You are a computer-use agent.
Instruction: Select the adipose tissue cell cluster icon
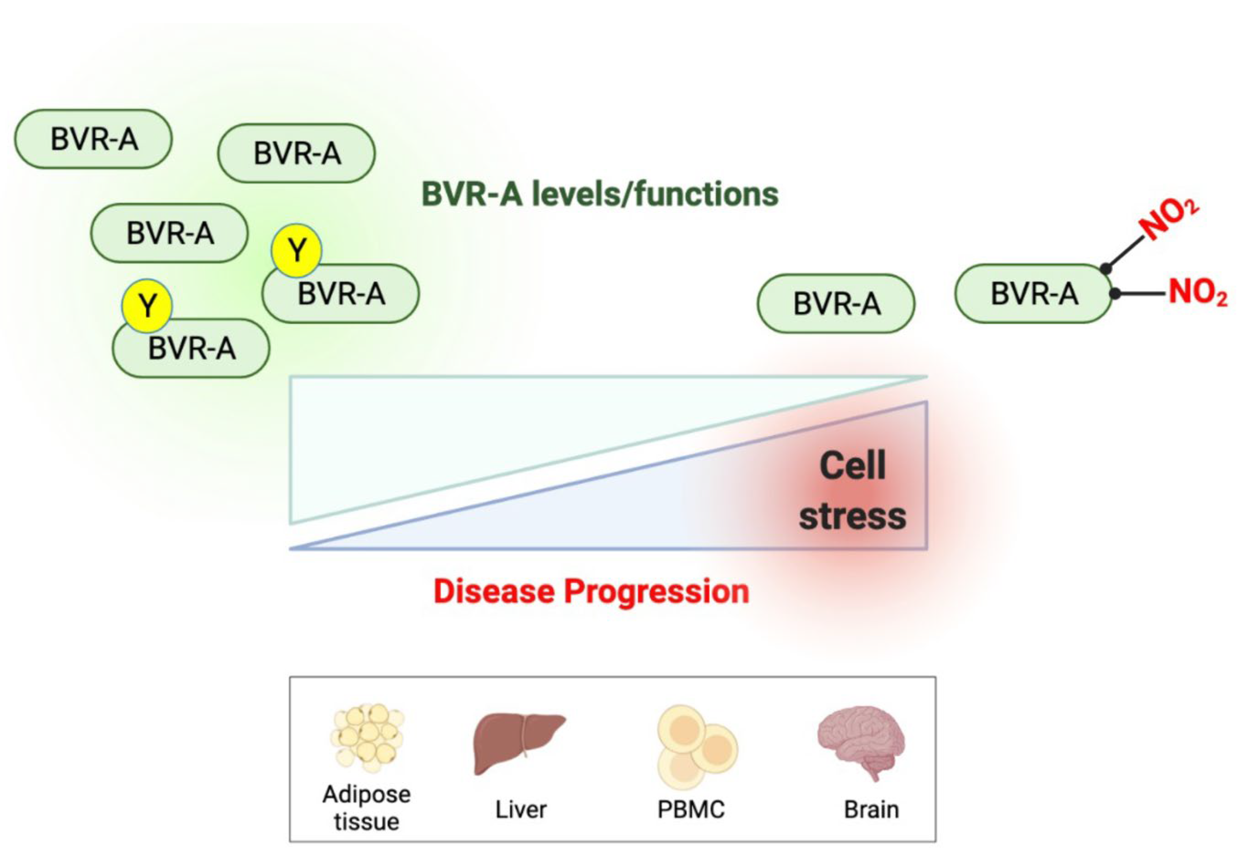click(x=367, y=737)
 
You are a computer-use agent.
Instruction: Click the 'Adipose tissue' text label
click(x=367, y=807)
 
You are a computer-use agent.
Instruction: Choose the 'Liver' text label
click(x=521, y=809)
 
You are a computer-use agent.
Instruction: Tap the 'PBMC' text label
click(x=691, y=809)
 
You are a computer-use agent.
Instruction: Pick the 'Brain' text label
click(x=871, y=809)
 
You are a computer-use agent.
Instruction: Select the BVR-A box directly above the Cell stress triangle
click(x=836, y=303)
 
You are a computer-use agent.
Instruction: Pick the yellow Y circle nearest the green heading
click(x=296, y=250)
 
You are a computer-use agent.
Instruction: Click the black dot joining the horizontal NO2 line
click(x=1115, y=293)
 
